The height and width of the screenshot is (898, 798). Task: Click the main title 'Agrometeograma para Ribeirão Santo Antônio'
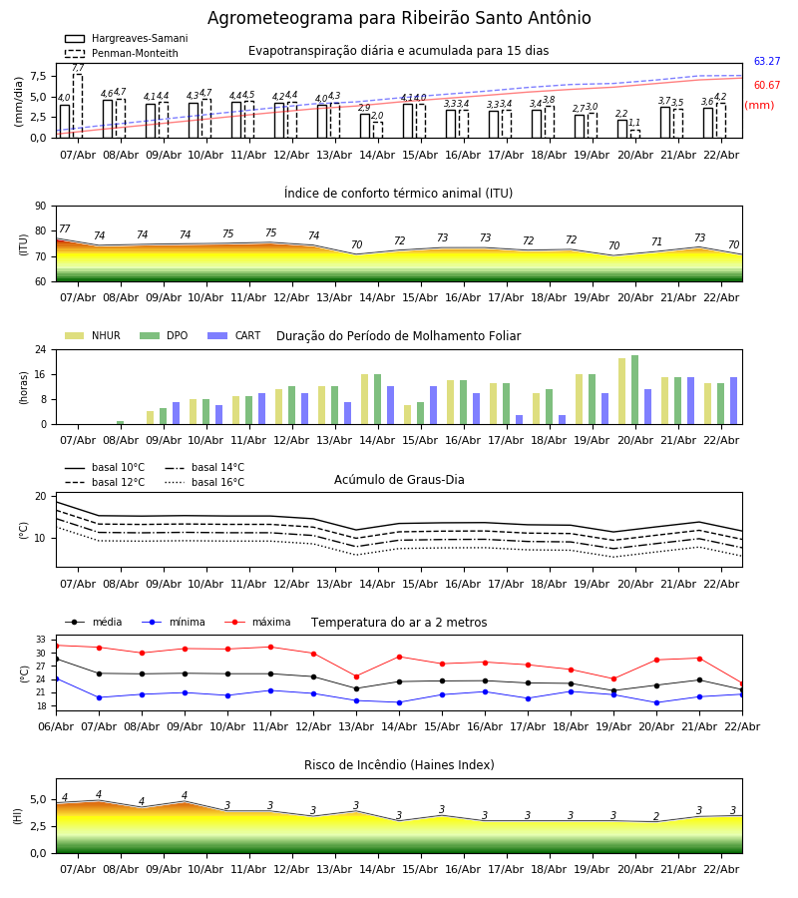point(399,19)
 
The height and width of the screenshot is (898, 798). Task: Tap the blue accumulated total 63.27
point(766,62)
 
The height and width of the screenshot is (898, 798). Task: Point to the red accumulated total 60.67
point(766,86)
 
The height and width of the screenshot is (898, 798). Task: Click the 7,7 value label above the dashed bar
point(78,68)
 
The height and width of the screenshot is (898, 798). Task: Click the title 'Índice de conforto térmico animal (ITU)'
point(398,194)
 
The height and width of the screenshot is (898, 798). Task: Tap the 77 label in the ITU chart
point(65,229)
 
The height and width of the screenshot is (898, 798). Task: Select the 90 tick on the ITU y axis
point(41,207)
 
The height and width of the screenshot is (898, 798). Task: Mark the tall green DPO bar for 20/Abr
point(634,389)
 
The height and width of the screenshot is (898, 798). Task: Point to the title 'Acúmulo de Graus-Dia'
point(399,480)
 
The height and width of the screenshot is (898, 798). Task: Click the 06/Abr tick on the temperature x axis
point(56,725)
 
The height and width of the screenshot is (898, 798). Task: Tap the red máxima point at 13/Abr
point(356,676)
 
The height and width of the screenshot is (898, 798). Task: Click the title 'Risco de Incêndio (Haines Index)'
point(399,765)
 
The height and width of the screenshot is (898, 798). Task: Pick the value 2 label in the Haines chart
point(656,816)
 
